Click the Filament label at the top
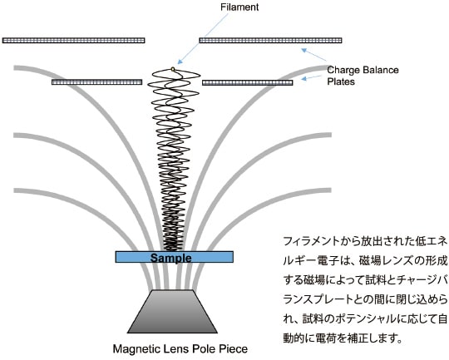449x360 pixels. pyautogui.click(x=239, y=7)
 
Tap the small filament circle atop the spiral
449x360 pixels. pyautogui.click(x=173, y=69)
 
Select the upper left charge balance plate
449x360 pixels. pyautogui.click(x=74, y=41)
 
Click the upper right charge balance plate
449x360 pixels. pyautogui.click(x=270, y=41)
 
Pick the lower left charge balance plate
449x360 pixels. pyautogui.click(x=96, y=82)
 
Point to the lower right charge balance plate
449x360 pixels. pyautogui.click(x=248, y=83)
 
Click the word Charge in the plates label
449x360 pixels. pyautogui.click(x=343, y=71)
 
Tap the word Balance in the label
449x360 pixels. pyautogui.click(x=381, y=70)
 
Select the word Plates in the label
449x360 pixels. pyautogui.click(x=341, y=81)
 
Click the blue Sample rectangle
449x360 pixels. pyautogui.click(x=174, y=257)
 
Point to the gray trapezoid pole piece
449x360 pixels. pyautogui.click(x=172, y=312)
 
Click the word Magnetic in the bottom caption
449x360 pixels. pyautogui.click(x=136, y=349)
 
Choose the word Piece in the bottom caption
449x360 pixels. pyautogui.click(x=234, y=349)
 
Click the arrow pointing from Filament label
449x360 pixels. pyautogui.click(x=202, y=39)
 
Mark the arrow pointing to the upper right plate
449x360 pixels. pyautogui.click(x=314, y=55)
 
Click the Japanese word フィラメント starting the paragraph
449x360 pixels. pyautogui.click(x=311, y=241)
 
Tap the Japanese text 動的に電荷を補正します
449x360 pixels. pyautogui.click(x=343, y=338)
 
